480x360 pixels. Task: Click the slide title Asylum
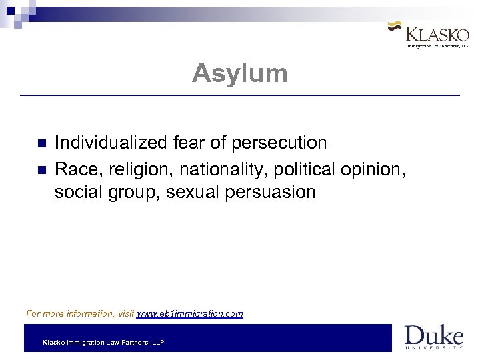(240, 73)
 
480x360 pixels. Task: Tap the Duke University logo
(433, 337)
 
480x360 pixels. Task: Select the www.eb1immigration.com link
(190, 313)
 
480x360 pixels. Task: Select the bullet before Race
(41, 169)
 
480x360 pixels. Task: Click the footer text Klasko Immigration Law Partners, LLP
(103, 343)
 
